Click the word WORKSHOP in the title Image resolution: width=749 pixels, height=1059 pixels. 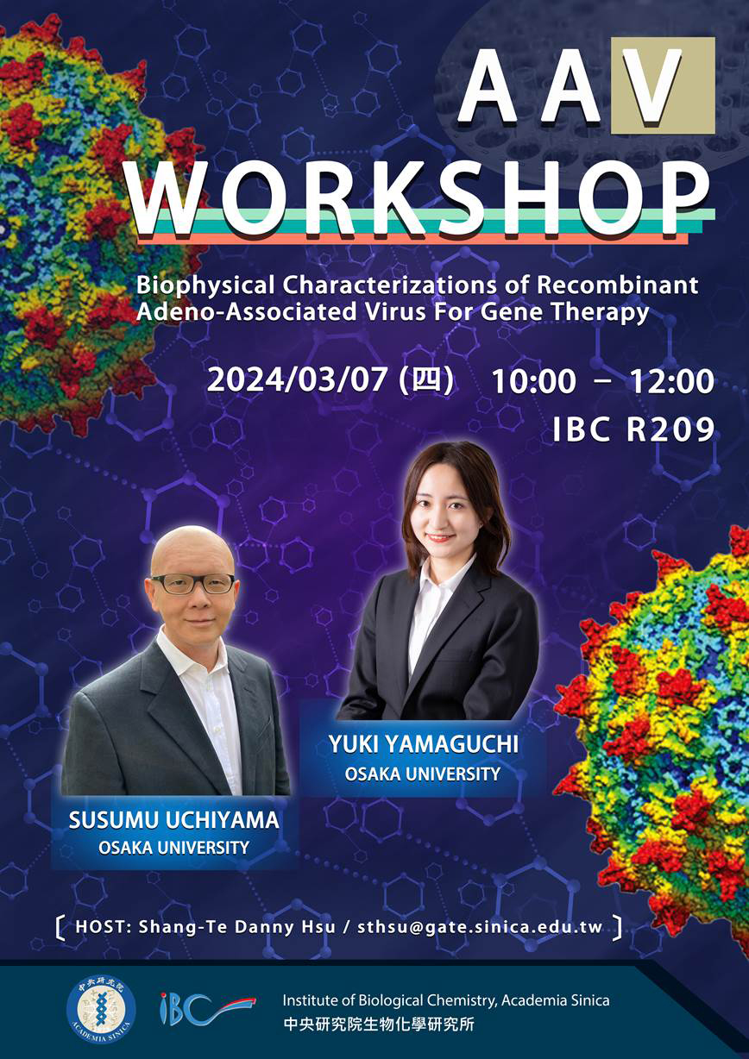point(419,199)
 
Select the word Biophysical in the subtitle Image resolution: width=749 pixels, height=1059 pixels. point(205,286)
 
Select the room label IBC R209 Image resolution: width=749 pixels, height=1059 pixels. point(633,429)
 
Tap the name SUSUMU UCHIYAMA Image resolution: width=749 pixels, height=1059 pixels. point(173,820)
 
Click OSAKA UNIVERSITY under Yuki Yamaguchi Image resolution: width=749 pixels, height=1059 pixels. point(423,774)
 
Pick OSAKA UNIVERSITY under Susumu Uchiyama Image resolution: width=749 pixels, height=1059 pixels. point(173,848)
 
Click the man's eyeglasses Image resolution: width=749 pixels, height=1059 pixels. point(193,583)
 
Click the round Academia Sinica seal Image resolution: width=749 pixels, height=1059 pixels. point(101,1009)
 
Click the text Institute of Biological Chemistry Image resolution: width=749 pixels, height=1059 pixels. point(389,1001)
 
